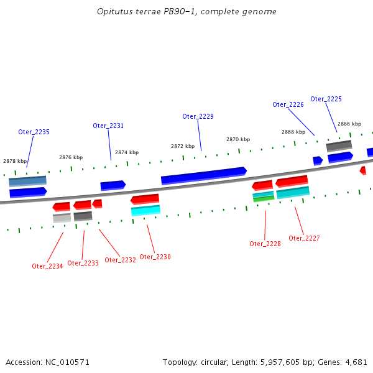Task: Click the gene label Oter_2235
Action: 34,132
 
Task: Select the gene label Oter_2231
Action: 108,126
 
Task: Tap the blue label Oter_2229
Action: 198,116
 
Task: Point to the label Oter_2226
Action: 288,104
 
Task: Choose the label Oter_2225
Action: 326,99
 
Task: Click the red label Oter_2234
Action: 47,266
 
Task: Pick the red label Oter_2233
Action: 83,263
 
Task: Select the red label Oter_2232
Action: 120,260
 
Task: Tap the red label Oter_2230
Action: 155,257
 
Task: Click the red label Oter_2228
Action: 265,244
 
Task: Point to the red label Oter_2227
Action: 304,238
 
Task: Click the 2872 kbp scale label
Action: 183,146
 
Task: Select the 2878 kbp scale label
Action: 15,161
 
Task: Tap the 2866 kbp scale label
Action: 349,124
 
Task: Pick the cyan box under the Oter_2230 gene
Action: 145,210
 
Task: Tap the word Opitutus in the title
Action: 114,12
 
